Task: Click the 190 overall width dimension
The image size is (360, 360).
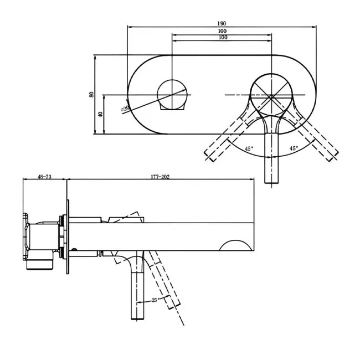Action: coord(222,23)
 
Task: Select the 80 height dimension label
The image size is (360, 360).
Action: coord(91,95)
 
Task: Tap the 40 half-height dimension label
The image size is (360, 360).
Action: coord(100,114)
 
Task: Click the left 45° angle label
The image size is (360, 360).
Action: coord(249,148)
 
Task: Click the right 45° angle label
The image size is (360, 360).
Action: coord(294,148)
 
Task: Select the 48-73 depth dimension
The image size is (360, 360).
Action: coord(44,177)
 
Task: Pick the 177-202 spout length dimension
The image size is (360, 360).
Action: coord(160,177)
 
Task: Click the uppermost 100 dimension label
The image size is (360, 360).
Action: coord(222,31)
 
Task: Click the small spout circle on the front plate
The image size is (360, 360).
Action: coord(173,94)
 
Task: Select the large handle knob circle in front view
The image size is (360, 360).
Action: coord(271,95)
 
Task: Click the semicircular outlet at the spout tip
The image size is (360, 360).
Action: coord(238,245)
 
